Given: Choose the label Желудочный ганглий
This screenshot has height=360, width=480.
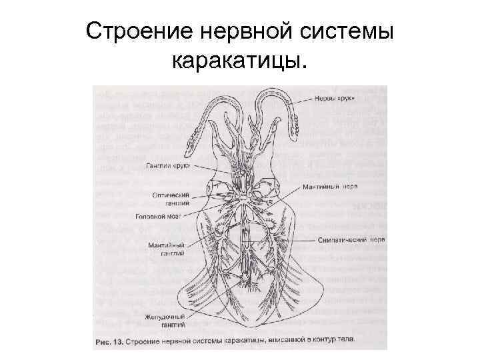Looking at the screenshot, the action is click(x=163, y=319).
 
